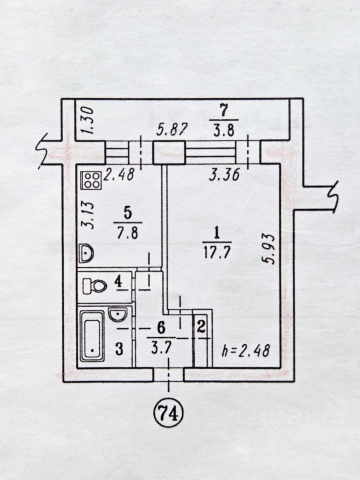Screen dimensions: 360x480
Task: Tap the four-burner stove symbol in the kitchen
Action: click(x=91, y=180)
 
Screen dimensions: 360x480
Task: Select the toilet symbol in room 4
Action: click(x=94, y=286)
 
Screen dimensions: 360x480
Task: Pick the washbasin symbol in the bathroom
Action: click(x=117, y=314)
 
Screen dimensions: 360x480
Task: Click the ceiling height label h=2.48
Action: click(x=246, y=350)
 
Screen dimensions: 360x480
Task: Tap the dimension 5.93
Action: click(x=268, y=248)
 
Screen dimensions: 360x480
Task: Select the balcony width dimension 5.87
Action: click(x=171, y=130)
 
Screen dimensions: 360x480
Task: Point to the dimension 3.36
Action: click(x=224, y=175)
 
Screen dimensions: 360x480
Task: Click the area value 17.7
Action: click(x=216, y=252)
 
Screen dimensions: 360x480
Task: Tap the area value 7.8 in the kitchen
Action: click(x=127, y=233)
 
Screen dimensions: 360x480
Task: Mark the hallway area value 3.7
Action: click(x=161, y=348)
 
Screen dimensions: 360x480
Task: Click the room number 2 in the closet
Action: click(x=201, y=327)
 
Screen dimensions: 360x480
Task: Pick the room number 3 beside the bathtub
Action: click(x=119, y=348)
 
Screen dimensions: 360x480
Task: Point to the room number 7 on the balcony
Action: click(x=224, y=110)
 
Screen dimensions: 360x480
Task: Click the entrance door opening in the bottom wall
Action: click(x=168, y=375)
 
